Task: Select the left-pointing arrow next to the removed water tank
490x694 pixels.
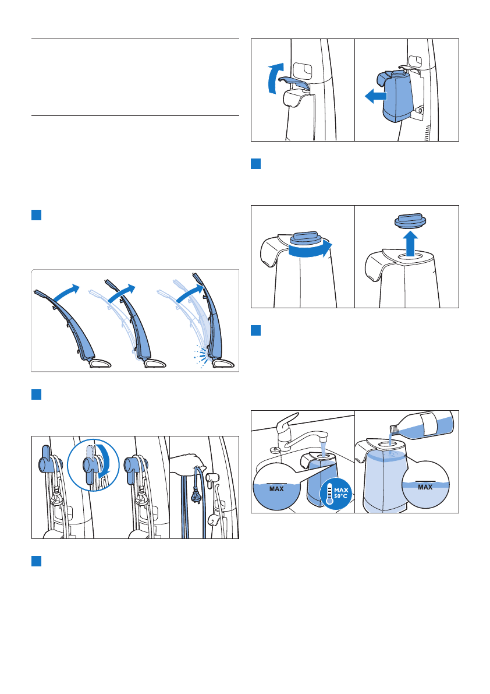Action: pyautogui.click(x=375, y=96)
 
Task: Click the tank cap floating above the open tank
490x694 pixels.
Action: pyautogui.click(x=410, y=221)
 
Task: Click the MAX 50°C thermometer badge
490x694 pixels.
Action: pyautogui.click(x=336, y=494)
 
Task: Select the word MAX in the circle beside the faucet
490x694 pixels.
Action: pyautogui.click(x=276, y=489)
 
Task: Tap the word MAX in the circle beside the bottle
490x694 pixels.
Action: pyautogui.click(x=425, y=487)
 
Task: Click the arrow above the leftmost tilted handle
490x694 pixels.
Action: pyautogui.click(x=67, y=293)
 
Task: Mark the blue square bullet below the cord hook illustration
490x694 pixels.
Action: pyautogui.click(x=36, y=561)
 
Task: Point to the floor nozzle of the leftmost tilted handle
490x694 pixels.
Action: pyautogui.click(x=100, y=364)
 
